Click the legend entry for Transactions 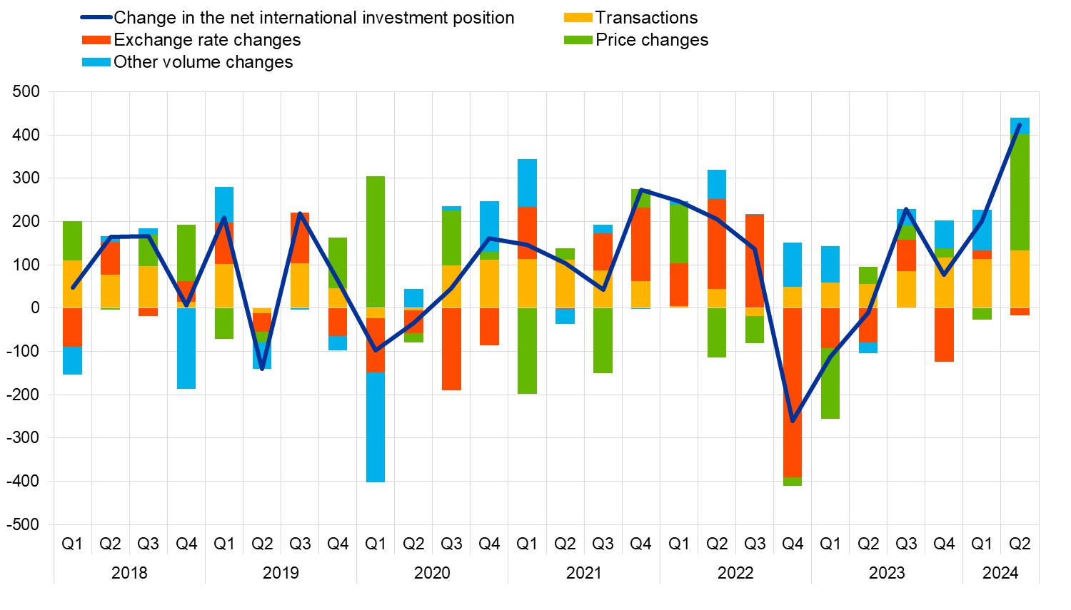pos(646,18)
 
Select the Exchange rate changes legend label pos(207,40)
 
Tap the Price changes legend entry pos(652,40)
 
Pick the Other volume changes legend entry pos(203,62)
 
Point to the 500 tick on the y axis pos(26,91)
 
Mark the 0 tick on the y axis pos(34,308)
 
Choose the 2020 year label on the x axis pos(432,573)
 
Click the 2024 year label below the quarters pos(1000,573)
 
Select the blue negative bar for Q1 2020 pos(376,427)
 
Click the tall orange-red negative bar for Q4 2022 pos(793,392)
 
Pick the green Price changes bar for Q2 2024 pos(1020,193)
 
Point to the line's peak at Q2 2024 pos(1020,126)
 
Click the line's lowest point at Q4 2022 pos(793,421)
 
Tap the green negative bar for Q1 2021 pos(527,350)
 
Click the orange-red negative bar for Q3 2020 pos(451,349)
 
